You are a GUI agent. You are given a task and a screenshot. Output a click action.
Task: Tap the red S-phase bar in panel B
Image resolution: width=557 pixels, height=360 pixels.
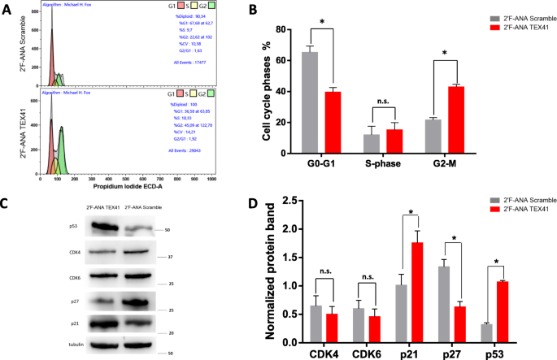coord(394,141)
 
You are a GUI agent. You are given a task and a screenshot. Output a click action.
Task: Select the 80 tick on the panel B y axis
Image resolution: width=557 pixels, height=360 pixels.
coord(280,29)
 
